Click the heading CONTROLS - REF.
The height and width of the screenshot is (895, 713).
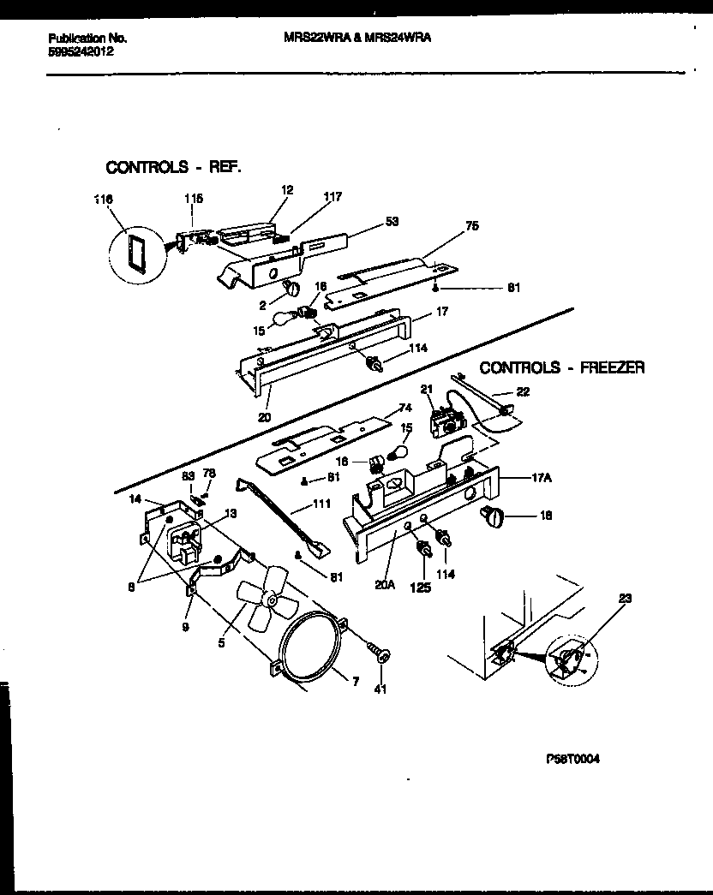pos(173,167)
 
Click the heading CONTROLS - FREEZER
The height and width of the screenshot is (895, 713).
pos(561,367)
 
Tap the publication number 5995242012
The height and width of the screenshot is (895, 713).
pos(81,51)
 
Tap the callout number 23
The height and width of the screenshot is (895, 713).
pos(622,600)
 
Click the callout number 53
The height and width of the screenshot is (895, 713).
pos(392,222)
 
